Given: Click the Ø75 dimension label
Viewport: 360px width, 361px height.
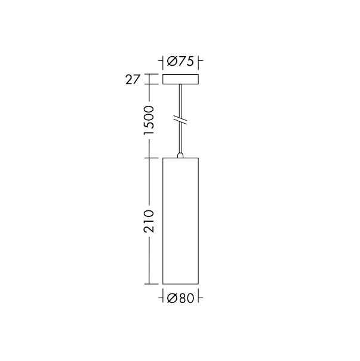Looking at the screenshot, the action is (180, 61).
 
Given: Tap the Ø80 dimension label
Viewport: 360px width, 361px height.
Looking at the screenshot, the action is (180, 298).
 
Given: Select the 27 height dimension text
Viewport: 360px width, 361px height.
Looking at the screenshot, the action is (133, 79).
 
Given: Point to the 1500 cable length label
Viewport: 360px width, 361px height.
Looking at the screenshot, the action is (149, 120).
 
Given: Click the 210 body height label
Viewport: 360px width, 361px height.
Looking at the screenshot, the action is (149, 221).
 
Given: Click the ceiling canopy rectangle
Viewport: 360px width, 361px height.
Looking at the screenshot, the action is (180, 79).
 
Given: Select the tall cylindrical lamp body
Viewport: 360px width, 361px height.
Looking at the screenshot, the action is (180, 221).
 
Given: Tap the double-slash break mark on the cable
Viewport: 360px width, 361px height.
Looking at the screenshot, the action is (180, 120).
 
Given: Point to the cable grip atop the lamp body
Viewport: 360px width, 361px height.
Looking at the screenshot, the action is (180, 155).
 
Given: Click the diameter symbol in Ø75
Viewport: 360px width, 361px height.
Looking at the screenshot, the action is (171, 62).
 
